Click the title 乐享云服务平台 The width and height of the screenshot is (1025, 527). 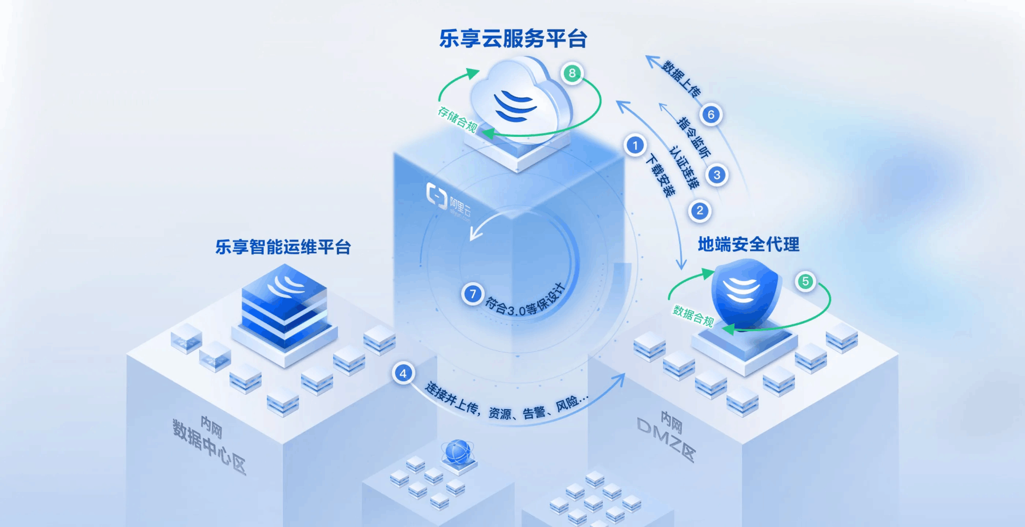pyautogui.click(x=513, y=39)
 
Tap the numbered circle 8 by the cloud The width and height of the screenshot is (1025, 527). pyautogui.click(x=572, y=74)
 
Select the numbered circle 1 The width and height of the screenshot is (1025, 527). pyautogui.click(x=635, y=145)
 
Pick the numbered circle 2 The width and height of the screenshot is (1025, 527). pyautogui.click(x=700, y=210)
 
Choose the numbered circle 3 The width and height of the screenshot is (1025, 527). pyautogui.click(x=717, y=175)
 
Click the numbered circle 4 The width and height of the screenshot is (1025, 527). pyautogui.click(x=403, y=373)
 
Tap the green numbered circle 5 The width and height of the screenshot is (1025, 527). pyautogui.click(x=805, y=281)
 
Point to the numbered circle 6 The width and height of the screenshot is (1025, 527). pyautogui.click(x=711, y=115)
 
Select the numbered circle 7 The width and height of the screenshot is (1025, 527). pyautogui.click(x=473, y=294)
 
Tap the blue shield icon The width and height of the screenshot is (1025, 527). pyautogui.click(x=745, y=292)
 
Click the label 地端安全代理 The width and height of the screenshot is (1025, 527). pyautogui.click(x=748, y=245)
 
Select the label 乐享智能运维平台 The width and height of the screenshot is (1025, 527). pyautogui.click(x=283, y=247)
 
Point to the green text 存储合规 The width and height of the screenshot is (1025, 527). pyautogui.click(x=457, y=119)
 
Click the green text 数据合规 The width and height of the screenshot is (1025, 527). pyautogui.click(x=693, y=315)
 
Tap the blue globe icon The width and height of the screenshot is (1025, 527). pyautogui.click(x=458, y=452)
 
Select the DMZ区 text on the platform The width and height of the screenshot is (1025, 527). pyautogui.click(x=666, y=438)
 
